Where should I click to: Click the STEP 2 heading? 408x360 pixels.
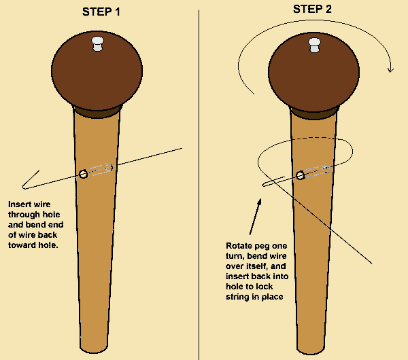pyautogui.click(x=313, y=9)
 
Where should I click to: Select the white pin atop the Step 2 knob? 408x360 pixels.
pyautogui.click(x=315, y=43)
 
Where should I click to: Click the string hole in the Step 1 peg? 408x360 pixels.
pyautogui.click(x=83, y=174)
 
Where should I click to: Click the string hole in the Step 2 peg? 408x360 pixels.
pyautogui.click(x=299, y=175)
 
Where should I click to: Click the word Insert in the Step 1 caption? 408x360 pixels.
pyautogui.click(x=20, y=204)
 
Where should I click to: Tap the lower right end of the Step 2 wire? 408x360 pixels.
pyautogui.click(x=371, y=262)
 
